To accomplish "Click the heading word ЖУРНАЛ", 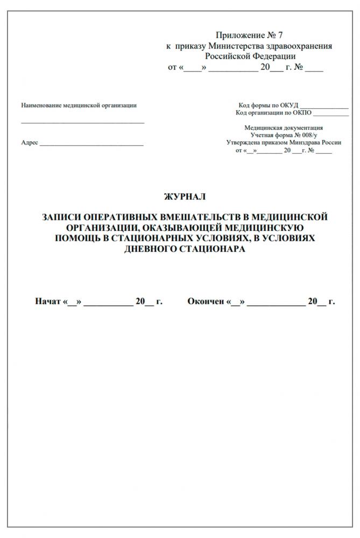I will pyautogui.click(x=184, y=197).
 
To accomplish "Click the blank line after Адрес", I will pyautogui.click(x=91, y=144).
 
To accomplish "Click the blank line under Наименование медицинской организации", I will pyautogui.click(x=82, y=123).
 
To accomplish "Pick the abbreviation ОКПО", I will pyautogui.click(x=302, y=113).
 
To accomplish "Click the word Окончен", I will pyautogui.click(x=206, y=301).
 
